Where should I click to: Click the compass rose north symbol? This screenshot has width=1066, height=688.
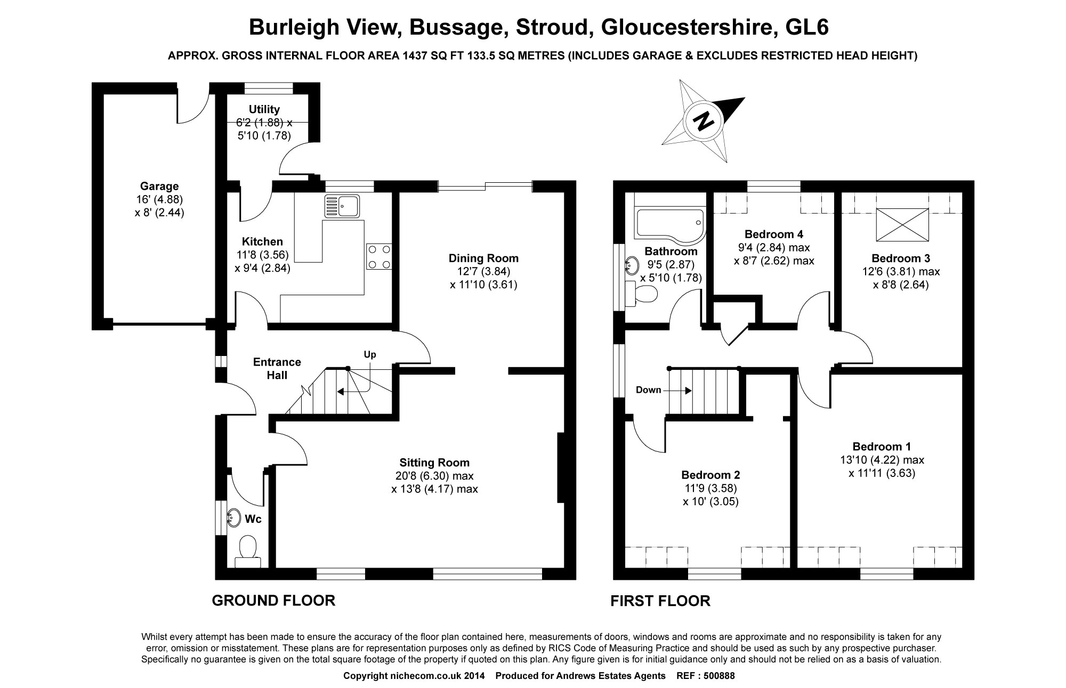[x=703, y=121]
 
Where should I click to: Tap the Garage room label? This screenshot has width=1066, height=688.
[x=159, y=187]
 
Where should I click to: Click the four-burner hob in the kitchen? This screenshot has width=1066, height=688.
[x=379, y=257]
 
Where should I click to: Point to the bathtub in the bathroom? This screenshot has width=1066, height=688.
[x=668, y=224]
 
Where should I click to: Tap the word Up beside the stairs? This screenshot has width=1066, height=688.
[x=370, y=354]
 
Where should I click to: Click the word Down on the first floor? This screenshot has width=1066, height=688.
[x=648, y=390]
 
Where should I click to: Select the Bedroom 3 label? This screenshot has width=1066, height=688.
[x=901, y=258]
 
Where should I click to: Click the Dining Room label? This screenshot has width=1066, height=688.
[x=483, y=258]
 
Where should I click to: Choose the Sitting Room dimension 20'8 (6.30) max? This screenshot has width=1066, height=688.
[x=434, y=476]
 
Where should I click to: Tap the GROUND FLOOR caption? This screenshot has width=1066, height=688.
[x=273, y=601]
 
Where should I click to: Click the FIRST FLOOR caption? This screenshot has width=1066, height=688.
[x=660, y=601]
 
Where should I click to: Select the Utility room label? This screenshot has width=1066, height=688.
[x=264, y=109]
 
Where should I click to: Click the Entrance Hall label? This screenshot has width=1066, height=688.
[x=277, y=368]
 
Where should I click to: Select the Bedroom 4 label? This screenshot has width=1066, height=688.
[x=774, y=234]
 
